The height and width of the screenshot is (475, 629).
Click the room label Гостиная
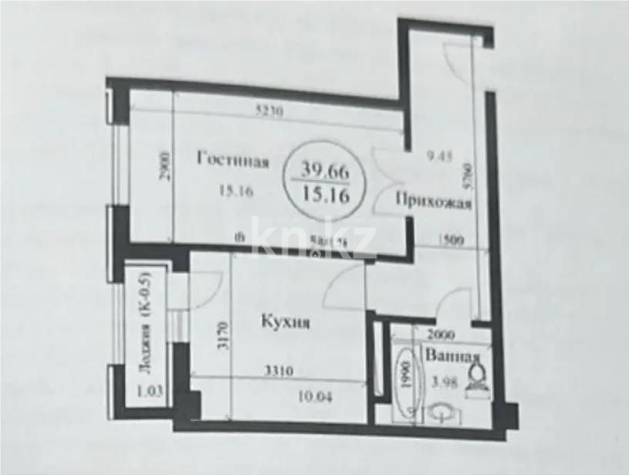[x=232, y=161]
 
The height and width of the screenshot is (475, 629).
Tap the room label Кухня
[x=284, y=324]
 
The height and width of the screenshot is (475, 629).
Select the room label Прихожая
[x=433, y=203]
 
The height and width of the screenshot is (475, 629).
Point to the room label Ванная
[x=453, y=358]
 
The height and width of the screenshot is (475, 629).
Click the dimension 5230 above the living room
[x=270, y=110]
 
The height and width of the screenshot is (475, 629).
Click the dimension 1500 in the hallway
[x=451, y=240]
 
